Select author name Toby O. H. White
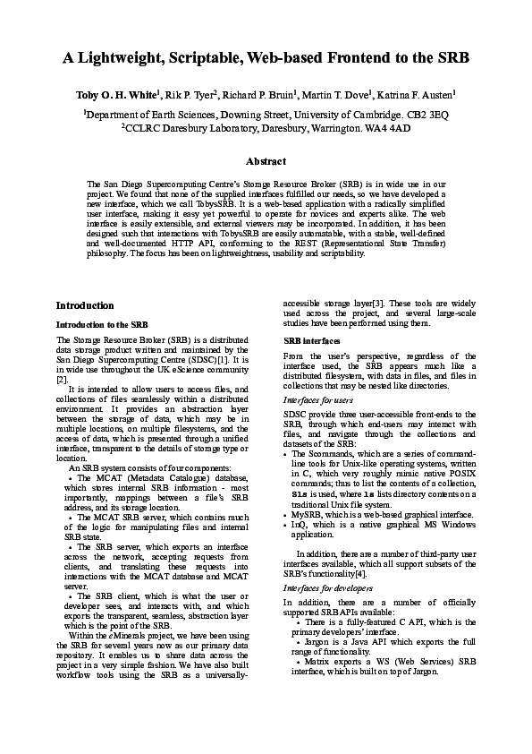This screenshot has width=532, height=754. click(123, 93)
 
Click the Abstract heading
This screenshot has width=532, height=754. click(266, 162)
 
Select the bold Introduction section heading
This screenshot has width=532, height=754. click(85, 305)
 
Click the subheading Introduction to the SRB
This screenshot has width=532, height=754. click(102, 323)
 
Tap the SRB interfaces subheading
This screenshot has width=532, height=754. click(312, 342)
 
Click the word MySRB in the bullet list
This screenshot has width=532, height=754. click(307, 516)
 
